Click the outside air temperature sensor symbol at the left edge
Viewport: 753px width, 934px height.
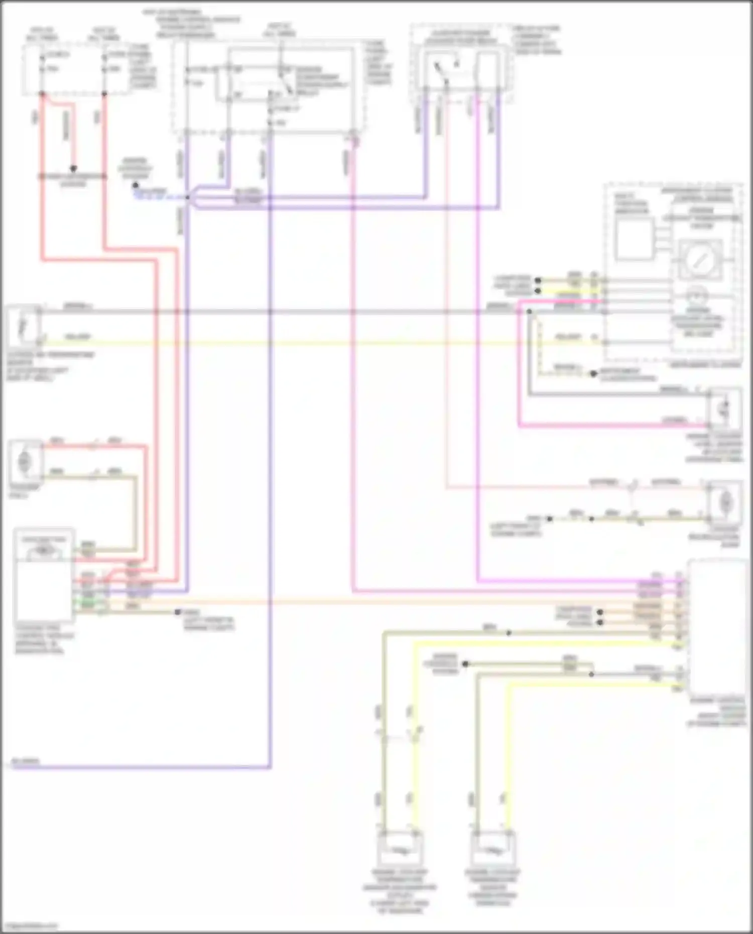click(x=23, y=326)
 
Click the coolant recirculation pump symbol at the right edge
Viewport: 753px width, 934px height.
click(x=725, y=500)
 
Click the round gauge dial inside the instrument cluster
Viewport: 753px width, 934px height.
click(x=699, y=259)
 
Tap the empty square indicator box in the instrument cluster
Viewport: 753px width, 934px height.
click(x=633, y=239)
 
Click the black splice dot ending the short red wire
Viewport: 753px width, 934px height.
click(x=73, y=169)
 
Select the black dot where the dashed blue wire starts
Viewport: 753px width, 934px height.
click(x=135, y=186)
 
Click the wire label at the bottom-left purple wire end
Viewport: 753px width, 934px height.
click(x=25, y=761)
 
